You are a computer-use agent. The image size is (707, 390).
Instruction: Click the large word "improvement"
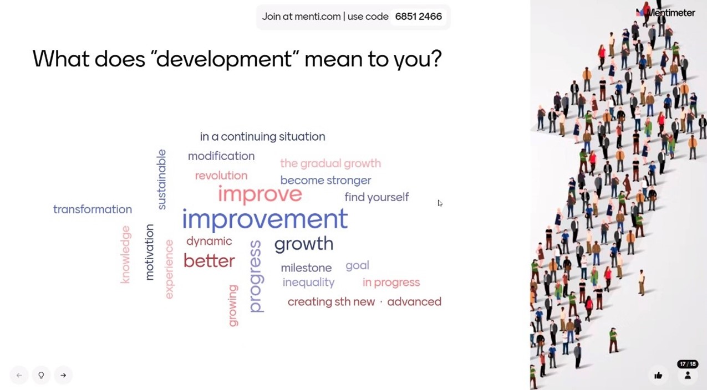tap(265, 219)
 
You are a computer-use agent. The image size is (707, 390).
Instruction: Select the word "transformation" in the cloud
tap(93, 209)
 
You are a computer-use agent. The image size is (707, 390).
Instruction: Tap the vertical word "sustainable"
tap(161, 179)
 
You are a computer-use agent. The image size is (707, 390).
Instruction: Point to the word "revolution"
tap(221, 176)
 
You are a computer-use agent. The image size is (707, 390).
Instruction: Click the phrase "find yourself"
tap(377, 197)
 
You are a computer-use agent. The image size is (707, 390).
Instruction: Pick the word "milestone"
tap(306, 268)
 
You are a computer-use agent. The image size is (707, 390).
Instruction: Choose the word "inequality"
tap(308, 283)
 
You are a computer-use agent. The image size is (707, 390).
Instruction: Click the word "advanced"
tap(414, 302)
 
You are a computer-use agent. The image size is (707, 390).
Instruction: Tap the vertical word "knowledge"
tap(125, 254)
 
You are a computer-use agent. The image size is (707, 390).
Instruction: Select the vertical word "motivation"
tap(149, 252)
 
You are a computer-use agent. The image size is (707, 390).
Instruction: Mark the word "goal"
tap(357, 266)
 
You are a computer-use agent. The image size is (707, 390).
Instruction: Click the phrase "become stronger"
tap(325, 181)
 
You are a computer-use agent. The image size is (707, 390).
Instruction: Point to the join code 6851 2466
tap(419, 17)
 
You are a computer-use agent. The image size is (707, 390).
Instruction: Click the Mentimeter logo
tap(665, 13)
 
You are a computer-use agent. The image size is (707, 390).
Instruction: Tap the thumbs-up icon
tap(658, 375)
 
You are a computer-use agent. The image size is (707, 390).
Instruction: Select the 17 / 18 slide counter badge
tap(688, 364)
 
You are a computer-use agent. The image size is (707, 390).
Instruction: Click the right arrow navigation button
tap(63, 375)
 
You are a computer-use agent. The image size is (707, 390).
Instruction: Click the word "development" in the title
tap(224, 59)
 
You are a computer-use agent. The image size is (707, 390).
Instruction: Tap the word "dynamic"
tap(209, 242)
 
